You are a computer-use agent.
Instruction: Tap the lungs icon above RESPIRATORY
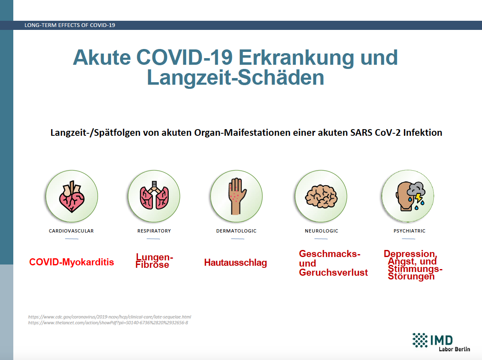[x=154, y=196]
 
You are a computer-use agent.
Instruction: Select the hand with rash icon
[x=237, y=196]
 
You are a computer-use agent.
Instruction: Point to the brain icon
[x=321, y=196]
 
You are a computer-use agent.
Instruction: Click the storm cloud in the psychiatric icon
[x=416, y=189]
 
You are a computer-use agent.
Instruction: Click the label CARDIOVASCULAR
[x=71, y=231]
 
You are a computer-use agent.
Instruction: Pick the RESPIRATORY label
[x=154, y=231]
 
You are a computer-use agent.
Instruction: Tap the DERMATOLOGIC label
[x=236, y=231]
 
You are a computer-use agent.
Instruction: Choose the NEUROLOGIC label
[x=321, y=231]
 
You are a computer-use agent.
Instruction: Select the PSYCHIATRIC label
[x=409, y=231]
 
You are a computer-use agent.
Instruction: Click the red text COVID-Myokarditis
[x=71, y=262]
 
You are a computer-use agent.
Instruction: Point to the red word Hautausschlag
[x=236, y=263]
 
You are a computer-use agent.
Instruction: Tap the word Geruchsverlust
[x=333, y=273]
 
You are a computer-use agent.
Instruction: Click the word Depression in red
[x=410, y=254]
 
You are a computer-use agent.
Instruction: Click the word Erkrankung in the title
[x=296, y=58]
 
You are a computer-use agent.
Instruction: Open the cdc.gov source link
[x=109, y=317]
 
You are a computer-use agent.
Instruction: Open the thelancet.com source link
[x=108, y=323]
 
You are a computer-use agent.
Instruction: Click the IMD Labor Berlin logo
[x=441, y=342]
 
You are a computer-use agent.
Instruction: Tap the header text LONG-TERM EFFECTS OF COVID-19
[x=70, y=25]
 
